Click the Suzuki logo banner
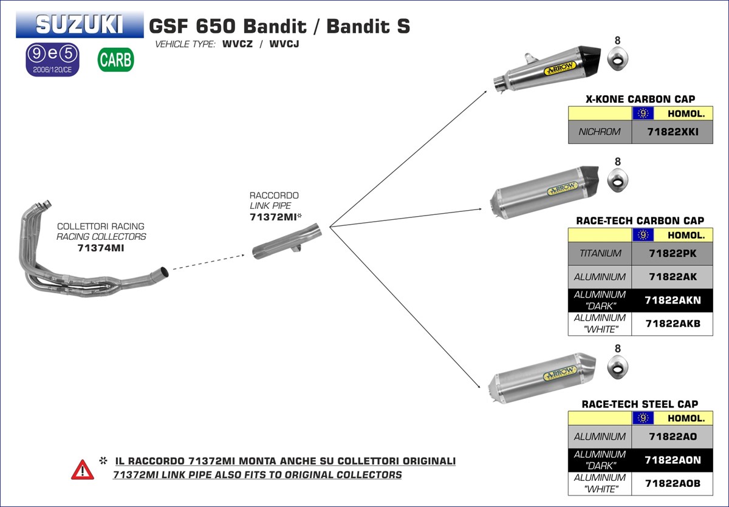pyautogui.click(x=80, y=24)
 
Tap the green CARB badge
pyautogui.click(x=115, y=60)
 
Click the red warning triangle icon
pyautogui.click(x=83, y=469)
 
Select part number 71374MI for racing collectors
pyautogui.click(x=101, y=248)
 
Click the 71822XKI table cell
pyautogui.click(x=672, y=132)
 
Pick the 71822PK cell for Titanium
pyautogui.click(x=672, y=253)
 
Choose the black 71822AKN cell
pyautogui.click(x=672, y=300)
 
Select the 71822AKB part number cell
pyautogui.click(x=672, y=324)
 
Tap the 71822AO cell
pyautogui.click(x=672, y=436)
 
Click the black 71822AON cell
pyautogui.click(x=672, y=460)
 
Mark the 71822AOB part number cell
pyautogui.click(x=672, y=483)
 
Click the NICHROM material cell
pyautogui.click(x=600, y=132)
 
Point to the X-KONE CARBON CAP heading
pyautogui.click(x=640, y=99)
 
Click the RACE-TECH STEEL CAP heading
pyautogui.click(x=640, y=404)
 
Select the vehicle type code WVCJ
pyautogui.click(x=284, y=44)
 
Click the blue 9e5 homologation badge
pyautogui.click(x=52, y=59)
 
